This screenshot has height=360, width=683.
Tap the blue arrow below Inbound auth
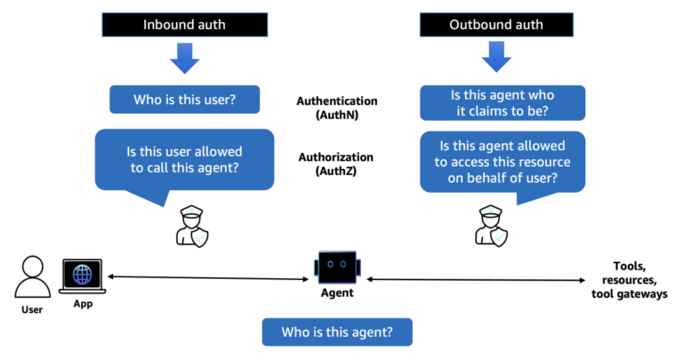coord(184,60)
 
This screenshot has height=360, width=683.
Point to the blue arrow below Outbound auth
coord(494,60)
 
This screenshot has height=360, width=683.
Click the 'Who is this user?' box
coord(184,100)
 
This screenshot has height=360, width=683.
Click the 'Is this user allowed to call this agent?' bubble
coord(184,160)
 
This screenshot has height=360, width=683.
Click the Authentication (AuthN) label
coord(336,108)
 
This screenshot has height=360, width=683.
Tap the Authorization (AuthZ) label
coord(336,164)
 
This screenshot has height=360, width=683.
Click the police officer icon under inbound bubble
coord(190,225)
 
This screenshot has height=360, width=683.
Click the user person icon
coord(32,276)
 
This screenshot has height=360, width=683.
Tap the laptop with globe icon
coord(83,275)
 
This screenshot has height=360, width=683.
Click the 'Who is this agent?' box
coord(337,332)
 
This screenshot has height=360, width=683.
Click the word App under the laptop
coord(83,303)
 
